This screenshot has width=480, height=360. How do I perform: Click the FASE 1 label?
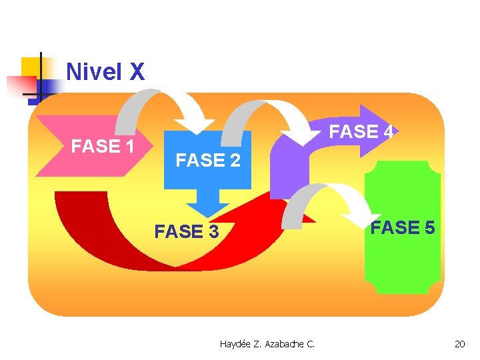103,146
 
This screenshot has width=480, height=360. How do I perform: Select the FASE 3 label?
186,231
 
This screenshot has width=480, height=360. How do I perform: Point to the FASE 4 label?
362,132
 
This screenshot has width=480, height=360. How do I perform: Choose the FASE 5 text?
403,227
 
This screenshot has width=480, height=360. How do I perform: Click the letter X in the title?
136,72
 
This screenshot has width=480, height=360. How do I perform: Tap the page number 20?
459,344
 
